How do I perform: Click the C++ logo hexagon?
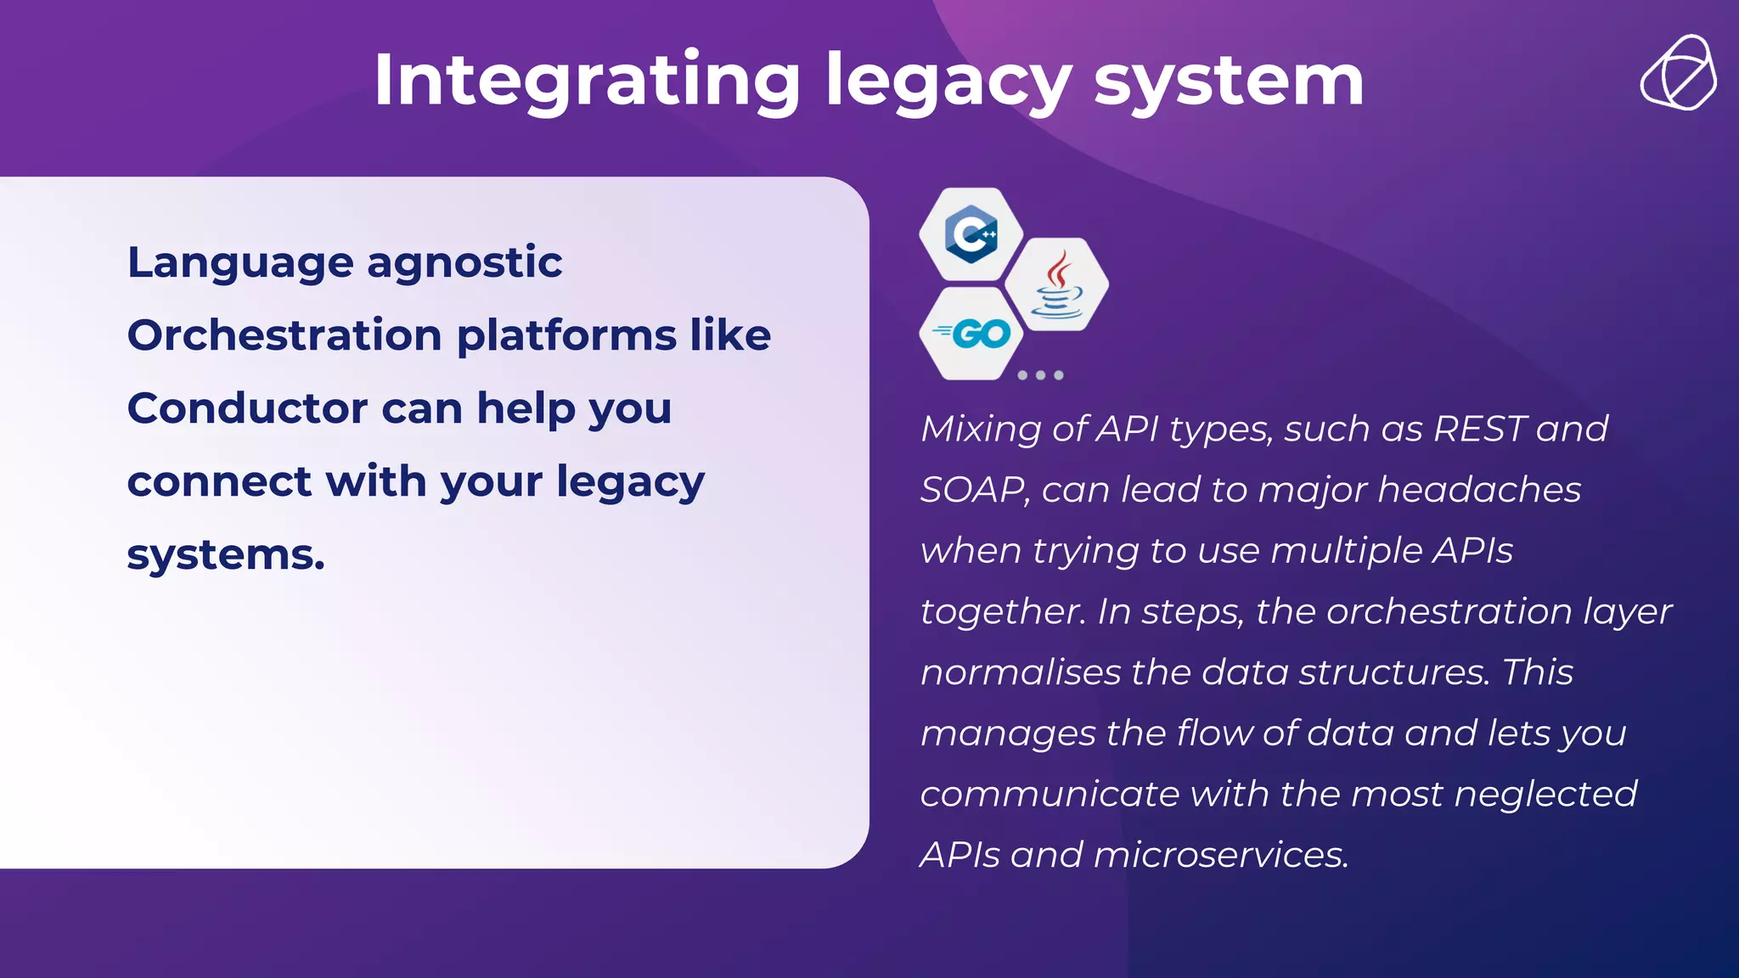point(971,234)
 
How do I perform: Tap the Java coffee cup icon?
point(1056,285)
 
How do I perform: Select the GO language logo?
point(971,334)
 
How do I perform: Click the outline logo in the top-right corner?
point(1678,73)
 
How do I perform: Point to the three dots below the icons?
point(1040,375)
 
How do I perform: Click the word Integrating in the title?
point(587,81)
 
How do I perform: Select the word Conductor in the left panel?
point(246,408)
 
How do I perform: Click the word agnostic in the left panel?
point(464,262)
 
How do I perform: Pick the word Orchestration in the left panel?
point(284,335)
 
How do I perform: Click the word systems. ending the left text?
point(226,555)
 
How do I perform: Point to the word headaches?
point(1479,490)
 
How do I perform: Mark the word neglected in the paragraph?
point(1545,795)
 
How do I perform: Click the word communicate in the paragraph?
point(1050,795)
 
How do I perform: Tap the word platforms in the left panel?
point(566,335)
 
